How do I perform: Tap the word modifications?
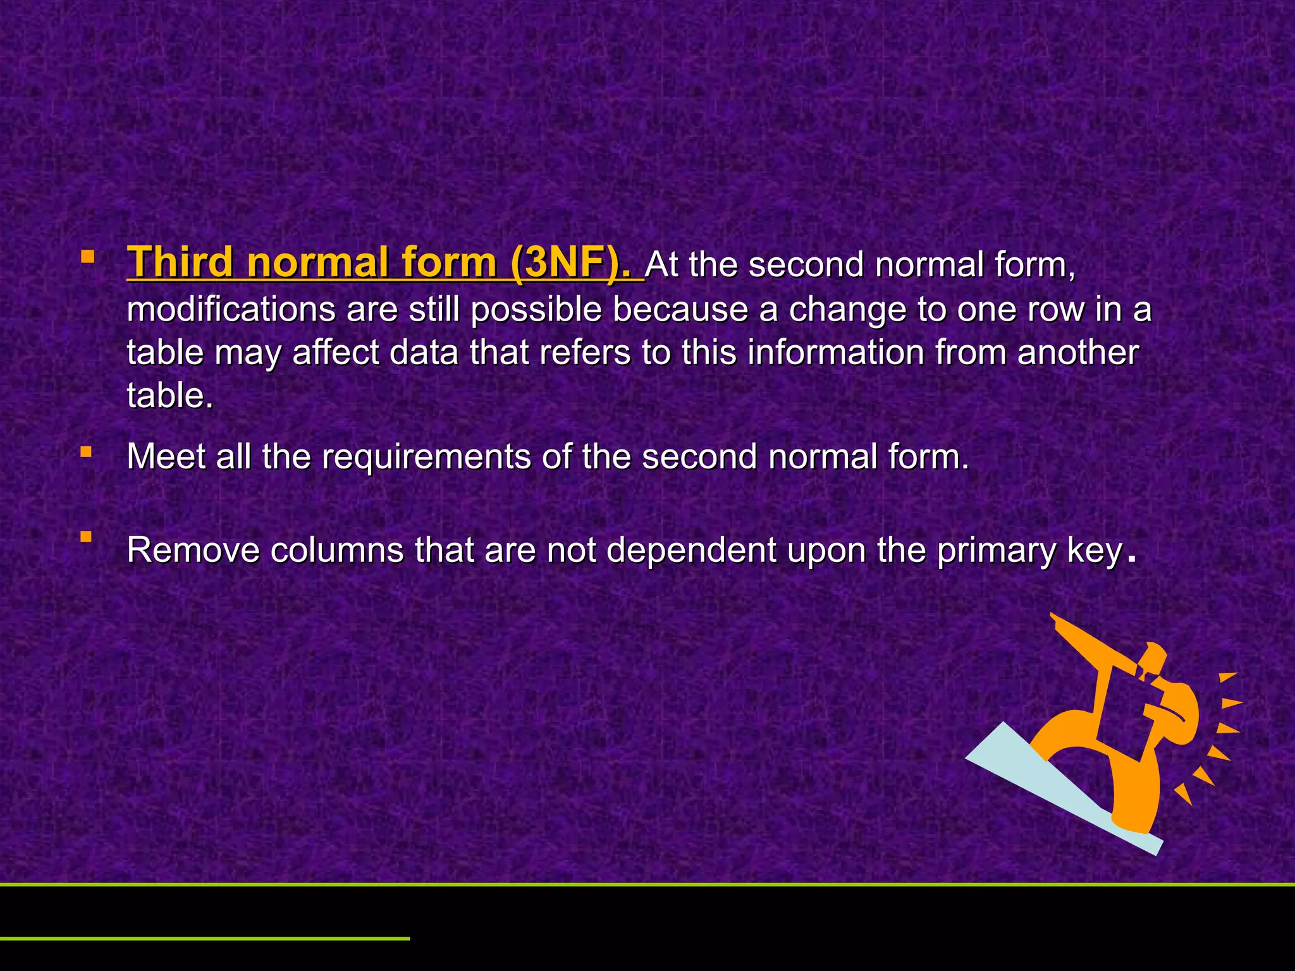click(231, 310)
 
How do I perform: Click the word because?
click(680, 310)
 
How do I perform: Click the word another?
click(1078, 352)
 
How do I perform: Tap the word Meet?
click(166, 456)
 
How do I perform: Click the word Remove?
click(193, 550)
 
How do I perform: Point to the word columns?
click(337, 550)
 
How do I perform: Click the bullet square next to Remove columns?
click(86, 537)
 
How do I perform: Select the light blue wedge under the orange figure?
click(1037, 784)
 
